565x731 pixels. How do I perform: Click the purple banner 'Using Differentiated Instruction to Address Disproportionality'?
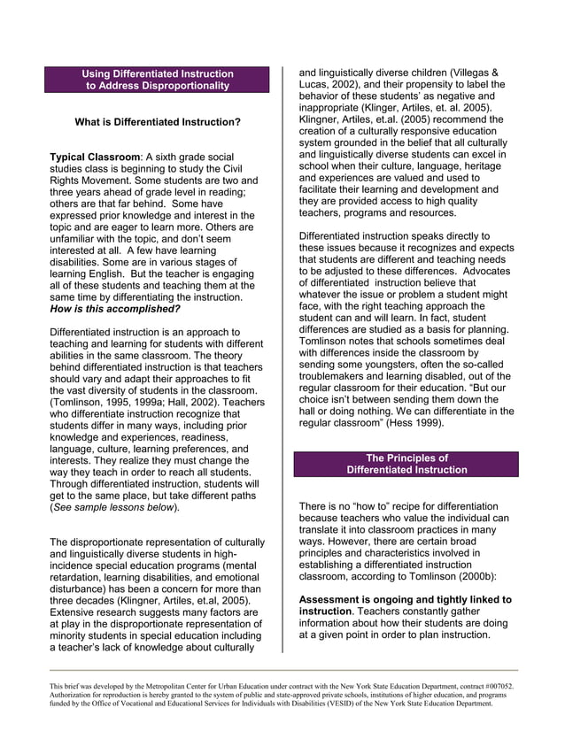point(158,80)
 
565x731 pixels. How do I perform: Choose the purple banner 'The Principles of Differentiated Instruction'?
point(406,464)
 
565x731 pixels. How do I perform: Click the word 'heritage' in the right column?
point(476,165)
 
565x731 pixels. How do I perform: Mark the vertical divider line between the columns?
point(282,354)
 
